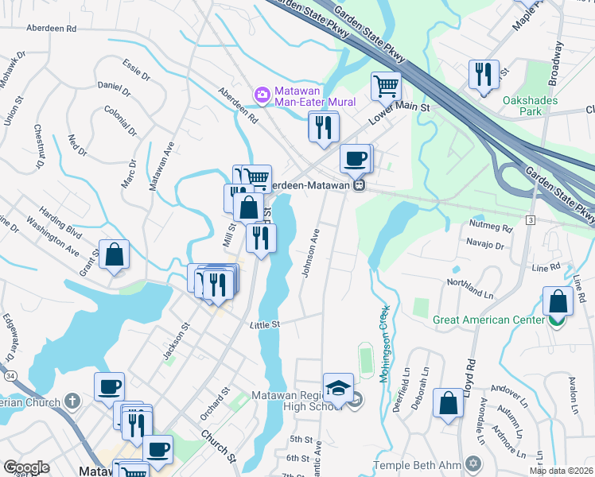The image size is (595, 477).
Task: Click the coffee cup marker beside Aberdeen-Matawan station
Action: click(x=356, y=157)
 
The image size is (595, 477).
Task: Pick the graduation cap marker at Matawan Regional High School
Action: click(x=338, y=388)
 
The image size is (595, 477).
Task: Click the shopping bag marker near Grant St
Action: click(x=115, y=255)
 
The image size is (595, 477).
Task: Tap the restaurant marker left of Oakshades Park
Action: click(x=484, y=75)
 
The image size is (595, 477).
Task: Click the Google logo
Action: click(x=26, y=467)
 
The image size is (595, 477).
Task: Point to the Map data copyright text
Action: click(x=562, y=471)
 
